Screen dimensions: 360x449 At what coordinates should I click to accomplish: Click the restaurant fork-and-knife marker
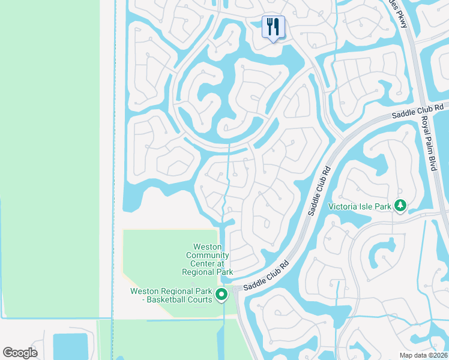pyautogui.click(x=273, y=26)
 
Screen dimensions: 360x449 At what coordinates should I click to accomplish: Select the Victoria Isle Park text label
pyautogui.click(x=360, y=206)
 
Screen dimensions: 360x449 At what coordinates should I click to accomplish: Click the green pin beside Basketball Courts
pyautogui.click(x=221, y=294)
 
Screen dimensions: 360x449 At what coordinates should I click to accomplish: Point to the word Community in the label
pyautogui.click(x=208, y=255)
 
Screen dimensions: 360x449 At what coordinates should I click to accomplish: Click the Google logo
pyautogui.click(x=20, y=353)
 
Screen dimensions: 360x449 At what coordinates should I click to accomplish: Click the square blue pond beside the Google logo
pyautogui.click(x=71, y=346)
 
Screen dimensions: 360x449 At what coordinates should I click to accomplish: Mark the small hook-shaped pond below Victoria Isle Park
pyautogui.click(x=382, y=255)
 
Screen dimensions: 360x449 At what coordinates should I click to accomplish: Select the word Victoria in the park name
pyautogui.click(x=343, y=206)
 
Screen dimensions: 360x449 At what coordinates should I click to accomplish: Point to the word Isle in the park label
pyautogui.click(x=365, y=206)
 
